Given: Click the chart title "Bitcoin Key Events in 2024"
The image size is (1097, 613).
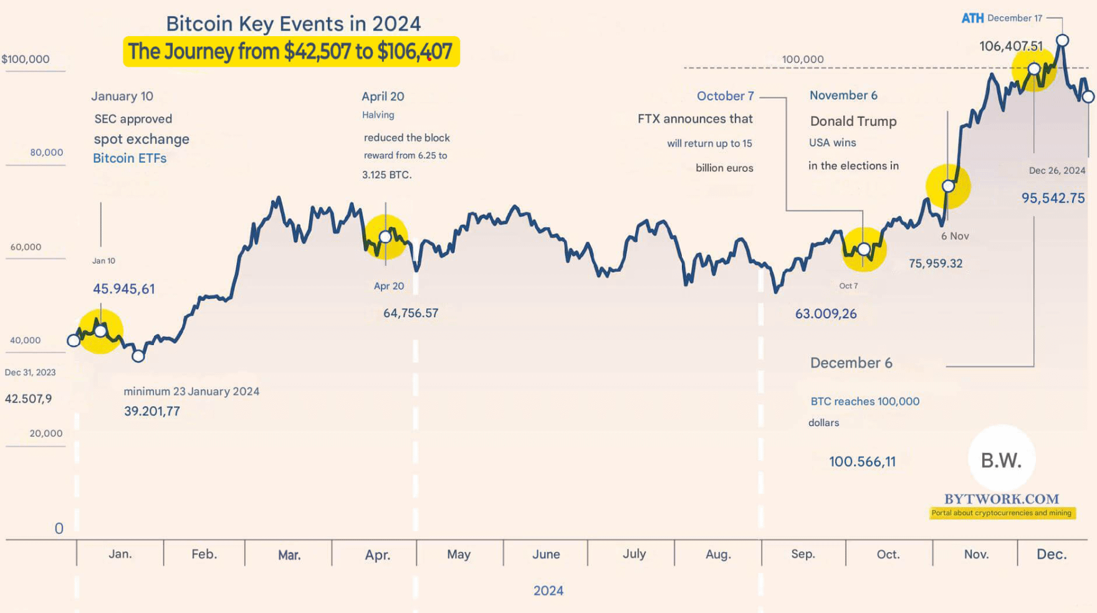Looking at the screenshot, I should (293, 24).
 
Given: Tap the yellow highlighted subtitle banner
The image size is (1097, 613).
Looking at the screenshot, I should (291, 51).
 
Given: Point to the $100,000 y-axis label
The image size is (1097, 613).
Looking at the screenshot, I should (26, 59).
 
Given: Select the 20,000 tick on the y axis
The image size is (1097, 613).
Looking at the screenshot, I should (46, 434).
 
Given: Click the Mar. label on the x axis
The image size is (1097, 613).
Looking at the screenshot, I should (289, 555).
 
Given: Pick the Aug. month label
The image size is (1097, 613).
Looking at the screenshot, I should (718, 554).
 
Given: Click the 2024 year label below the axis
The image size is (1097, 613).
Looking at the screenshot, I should (548, 591).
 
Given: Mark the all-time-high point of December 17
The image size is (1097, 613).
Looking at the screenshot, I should (1062, 40).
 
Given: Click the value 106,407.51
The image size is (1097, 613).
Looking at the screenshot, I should (1010, 46).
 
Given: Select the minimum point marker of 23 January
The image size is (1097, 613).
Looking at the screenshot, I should (138, 356).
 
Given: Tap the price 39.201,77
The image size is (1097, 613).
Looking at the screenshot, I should (152, 411).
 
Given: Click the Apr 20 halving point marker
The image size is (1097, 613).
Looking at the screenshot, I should (385, 237).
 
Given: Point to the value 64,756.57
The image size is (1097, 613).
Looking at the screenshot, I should (411, 313).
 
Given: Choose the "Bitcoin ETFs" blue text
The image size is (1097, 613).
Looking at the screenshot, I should (130, 158).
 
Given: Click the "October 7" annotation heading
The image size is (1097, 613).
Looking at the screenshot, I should (725, 96).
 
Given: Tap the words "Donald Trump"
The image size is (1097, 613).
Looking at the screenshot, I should (853, 121).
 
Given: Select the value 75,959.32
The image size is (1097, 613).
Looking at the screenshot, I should (936, 264).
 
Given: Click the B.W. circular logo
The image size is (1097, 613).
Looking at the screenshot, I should (1002, 460).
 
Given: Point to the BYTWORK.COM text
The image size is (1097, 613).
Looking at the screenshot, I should (1002, 499).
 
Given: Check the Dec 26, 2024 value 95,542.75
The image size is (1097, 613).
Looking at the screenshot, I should (1053, 198).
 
